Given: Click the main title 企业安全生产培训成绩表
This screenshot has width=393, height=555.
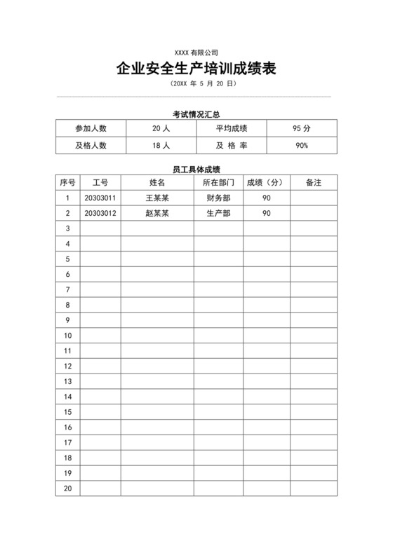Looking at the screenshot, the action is [x=196, y=69].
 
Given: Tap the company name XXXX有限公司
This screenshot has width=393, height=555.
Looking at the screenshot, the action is [x=196, y=53].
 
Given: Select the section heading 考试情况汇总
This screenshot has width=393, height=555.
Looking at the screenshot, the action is [x=196, y=114].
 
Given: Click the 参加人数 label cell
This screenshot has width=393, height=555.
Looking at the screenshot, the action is [x=91, y=128].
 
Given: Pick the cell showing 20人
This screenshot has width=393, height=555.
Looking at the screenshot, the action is [x=161, y=128].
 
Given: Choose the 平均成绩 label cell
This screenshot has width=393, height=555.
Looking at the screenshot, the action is [x=231, y=128].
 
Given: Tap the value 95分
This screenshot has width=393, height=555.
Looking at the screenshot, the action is [x=302, y=128].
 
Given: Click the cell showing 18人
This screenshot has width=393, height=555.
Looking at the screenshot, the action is [x=161, y=146].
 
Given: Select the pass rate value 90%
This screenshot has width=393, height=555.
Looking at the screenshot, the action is [x=302, y=146].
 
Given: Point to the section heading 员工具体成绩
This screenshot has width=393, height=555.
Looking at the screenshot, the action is [x=196, y=169].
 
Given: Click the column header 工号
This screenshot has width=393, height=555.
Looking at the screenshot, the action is [x=100, y=182].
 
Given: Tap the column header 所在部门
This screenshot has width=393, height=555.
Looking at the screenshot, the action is [x=218, y=182].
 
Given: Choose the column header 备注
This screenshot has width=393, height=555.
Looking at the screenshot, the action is [x=314, y=182].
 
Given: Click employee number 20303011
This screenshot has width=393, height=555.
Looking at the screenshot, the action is [x=100, y=198].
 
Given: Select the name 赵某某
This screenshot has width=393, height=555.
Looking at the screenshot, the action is [x=157, y=213].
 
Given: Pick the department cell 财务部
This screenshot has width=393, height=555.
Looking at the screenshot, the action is [x=218, y=198].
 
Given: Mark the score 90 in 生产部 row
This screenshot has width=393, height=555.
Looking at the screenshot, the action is [x=267, y=213].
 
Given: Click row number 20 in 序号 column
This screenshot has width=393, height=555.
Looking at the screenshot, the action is [x=68, y=488].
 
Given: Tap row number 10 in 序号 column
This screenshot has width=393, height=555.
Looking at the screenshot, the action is [x=68, y=336].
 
